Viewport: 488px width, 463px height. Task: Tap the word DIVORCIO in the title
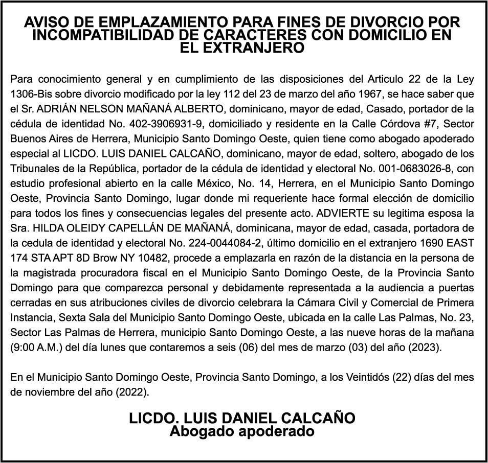tap(372, 23)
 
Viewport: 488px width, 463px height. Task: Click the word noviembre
tap(45, 392)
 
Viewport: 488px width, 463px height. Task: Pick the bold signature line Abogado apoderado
tap(242, 432)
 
